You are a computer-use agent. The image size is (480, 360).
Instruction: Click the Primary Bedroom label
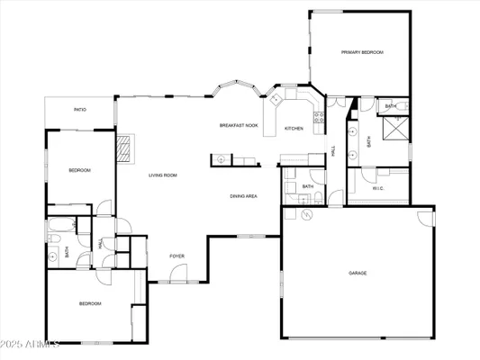(x=362, y=53)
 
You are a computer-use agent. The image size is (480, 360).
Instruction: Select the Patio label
(x=79, y=111)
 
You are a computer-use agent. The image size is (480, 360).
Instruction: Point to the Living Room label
(x=162, y=175)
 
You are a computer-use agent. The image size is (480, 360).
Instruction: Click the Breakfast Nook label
(x=238, y=125)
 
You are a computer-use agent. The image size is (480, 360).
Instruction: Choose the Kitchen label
(x=294, y=129)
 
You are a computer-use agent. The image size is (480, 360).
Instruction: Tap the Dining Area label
(x=243, y=195)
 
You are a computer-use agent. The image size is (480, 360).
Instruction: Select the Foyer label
(x=177, y=256)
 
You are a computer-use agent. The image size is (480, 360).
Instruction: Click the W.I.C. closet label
(x=378, y=188)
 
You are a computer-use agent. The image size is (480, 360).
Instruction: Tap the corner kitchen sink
(x=278, y=96)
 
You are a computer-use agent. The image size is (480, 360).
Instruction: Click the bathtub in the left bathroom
(x=65, y=221)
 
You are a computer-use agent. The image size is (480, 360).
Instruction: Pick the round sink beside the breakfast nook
(x=218, y=160)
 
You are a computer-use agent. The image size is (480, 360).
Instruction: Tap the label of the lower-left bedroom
(x=90, y=304)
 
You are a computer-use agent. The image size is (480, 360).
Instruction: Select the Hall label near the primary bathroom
(x=334, y=153)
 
